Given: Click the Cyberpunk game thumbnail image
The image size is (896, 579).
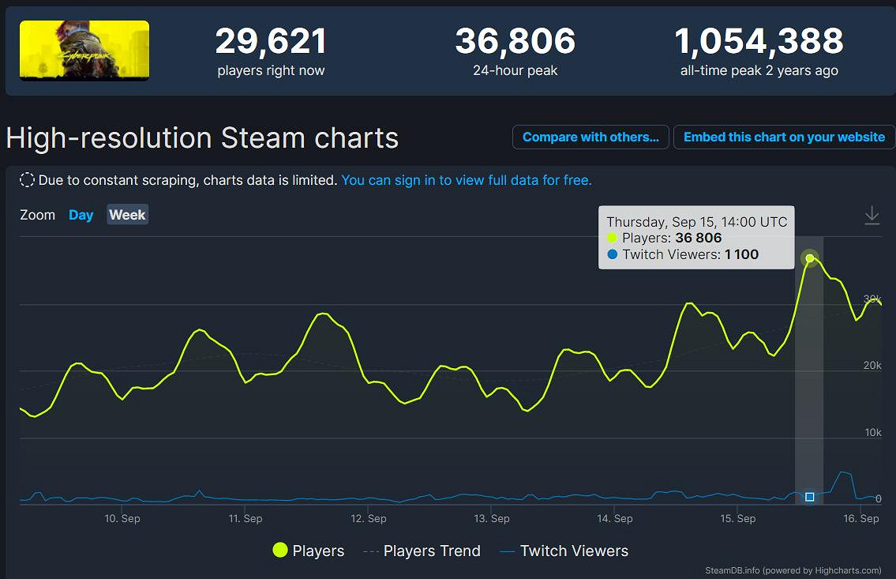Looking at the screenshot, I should point(84,51).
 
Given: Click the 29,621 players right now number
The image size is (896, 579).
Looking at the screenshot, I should point(271,42).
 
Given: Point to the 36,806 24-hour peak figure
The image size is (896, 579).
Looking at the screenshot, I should point(515,42).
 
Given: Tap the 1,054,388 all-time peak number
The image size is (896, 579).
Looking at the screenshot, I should point(759,42).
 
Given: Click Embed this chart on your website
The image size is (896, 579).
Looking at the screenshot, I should point(784,137).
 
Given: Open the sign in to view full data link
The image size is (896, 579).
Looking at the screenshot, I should point(466,180).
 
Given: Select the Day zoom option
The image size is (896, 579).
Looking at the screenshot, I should point(81,215).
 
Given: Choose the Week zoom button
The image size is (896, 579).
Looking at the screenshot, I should point(127,215).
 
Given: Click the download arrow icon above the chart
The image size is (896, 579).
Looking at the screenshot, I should point(872,215).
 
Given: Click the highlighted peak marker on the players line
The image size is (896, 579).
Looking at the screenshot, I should point(809,258).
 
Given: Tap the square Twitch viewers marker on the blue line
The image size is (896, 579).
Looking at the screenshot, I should point(809,497).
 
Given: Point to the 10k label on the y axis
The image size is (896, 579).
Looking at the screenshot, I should point(872,433).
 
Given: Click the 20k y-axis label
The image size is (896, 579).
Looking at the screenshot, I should point(872,366).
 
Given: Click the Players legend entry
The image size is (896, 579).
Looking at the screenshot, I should point(309,551).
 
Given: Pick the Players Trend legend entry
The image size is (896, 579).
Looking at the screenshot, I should point(422,551).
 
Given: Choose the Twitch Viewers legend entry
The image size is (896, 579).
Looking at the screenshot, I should point(564,551).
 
